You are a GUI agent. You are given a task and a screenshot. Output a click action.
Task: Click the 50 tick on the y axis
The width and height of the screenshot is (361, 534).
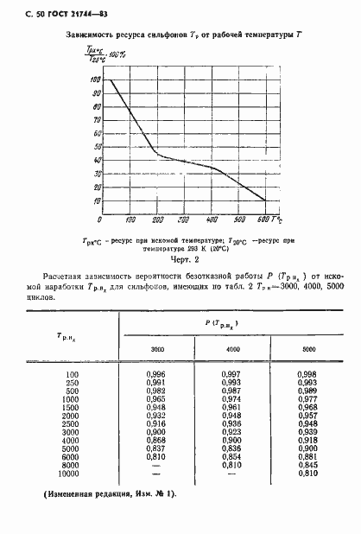95,143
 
